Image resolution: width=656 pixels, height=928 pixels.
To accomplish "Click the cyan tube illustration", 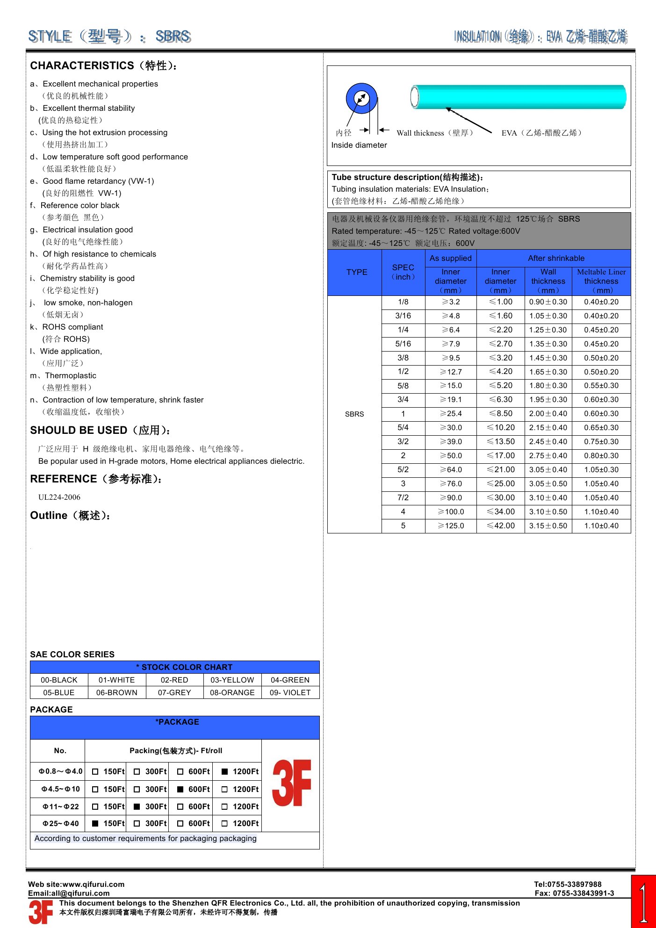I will tap(519, 97).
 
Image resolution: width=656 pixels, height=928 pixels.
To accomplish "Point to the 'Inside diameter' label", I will tap(359, 145).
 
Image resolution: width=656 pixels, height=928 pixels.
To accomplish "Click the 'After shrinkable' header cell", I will tap(556, 258).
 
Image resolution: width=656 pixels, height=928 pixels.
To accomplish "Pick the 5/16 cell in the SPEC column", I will tap(403, 344).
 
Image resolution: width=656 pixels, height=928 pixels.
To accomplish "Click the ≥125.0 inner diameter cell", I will tap(451, 526).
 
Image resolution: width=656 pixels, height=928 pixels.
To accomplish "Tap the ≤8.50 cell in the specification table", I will tap(500, 414).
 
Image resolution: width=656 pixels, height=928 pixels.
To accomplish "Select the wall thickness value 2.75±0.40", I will tap(548, 456).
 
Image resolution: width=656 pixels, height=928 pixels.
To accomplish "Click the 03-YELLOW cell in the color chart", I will tap(232, 680).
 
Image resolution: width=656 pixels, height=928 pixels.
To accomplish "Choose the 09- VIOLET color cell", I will tap(290, 693).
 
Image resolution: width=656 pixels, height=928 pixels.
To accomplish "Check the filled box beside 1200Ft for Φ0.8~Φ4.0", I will tap(225, 772).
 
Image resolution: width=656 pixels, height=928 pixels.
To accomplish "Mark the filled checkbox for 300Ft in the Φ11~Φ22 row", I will tap(137, 806).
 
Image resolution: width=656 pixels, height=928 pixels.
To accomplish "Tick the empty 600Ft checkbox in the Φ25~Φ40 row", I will tap(180, 824).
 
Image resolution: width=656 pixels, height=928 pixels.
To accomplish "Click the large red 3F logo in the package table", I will tap(292, 784).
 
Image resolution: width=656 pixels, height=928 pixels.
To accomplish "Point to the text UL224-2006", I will tap(59, 497).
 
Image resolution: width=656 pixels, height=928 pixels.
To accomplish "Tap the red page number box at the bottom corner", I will tap(643, 901).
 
